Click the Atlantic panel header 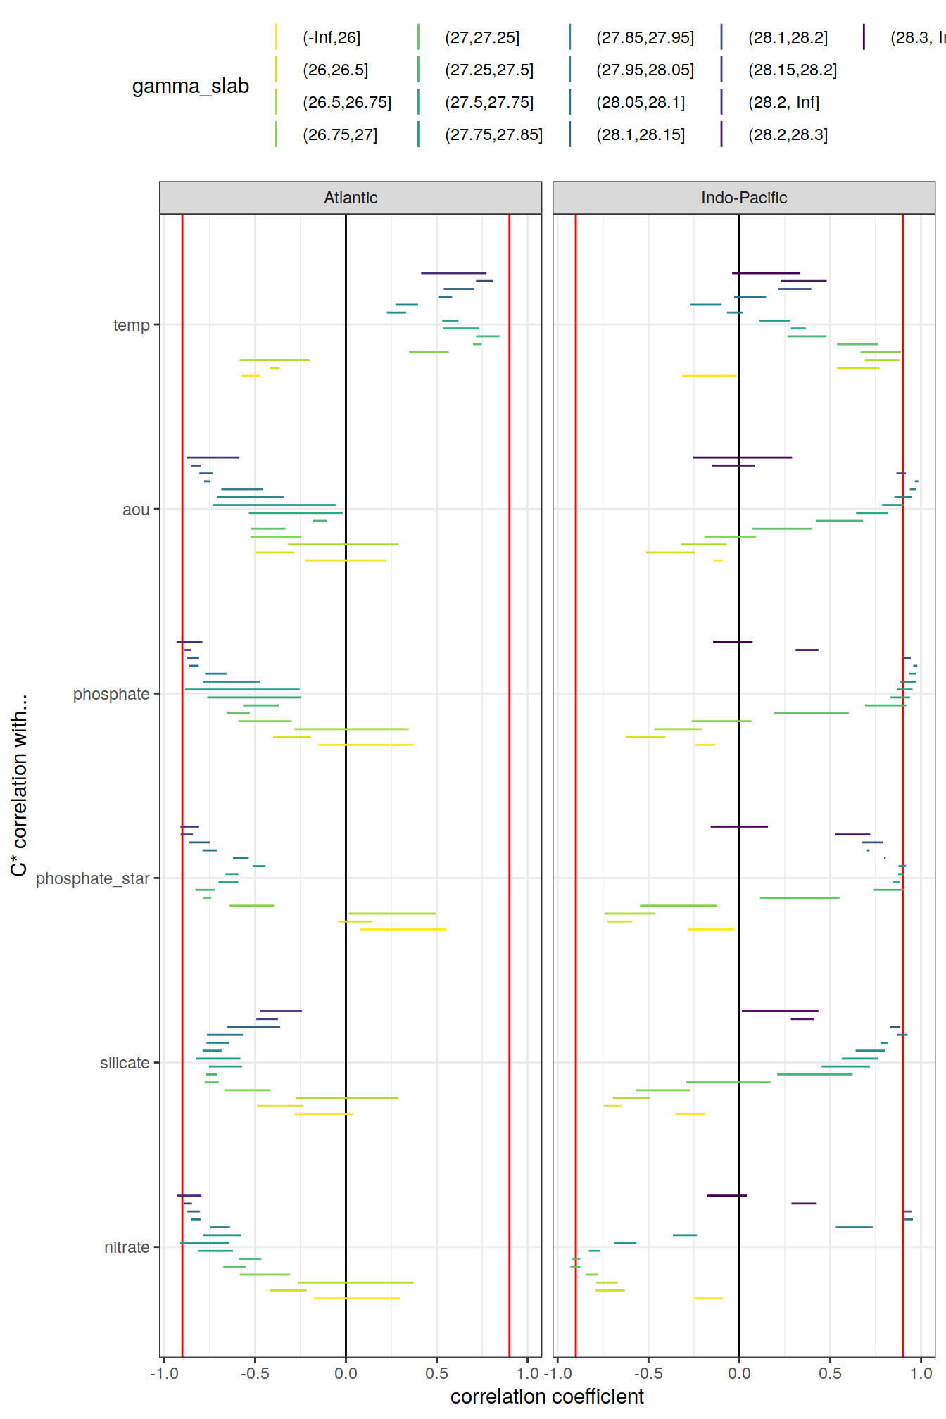[x=351, y=198]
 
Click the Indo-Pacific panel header [x=743, y=198]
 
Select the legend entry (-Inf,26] [x=332, y=38]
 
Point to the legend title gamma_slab [x=191, y=87]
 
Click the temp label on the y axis [x=132, y=325]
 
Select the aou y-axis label [x=136, y=510]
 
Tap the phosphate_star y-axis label [x=93, y=878]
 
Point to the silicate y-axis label [x=125, y=1063]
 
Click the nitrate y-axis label [x=127, y=1247]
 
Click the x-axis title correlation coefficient [x=547, y=1396]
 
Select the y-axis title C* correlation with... [x=19, y=785]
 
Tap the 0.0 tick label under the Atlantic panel [x=346, y=1373]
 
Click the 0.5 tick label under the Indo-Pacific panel [x=830, y=1373]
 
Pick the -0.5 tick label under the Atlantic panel [x=255, y=1373]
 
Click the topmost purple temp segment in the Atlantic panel [x=453, y=273]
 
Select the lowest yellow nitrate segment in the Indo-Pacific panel [x=708, y=1298]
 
